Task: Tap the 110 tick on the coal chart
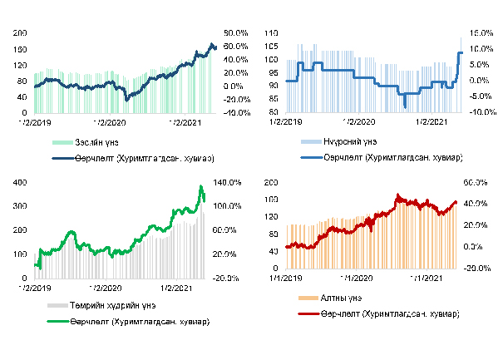(x=270, y=32)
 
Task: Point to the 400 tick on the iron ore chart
(x=21, y=182)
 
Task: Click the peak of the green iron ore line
(x=200, y=186)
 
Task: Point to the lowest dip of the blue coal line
(x=404, y=106)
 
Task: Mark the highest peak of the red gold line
(x=398, y=195)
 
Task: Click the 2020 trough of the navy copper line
(x=126, y=100)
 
